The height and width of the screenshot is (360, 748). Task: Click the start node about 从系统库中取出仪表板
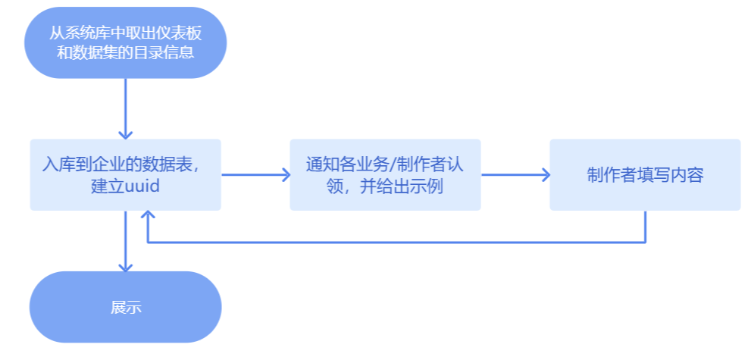point(125,43)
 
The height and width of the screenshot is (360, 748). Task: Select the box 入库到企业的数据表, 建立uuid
point(125,174)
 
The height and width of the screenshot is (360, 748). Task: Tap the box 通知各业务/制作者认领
point(385,174)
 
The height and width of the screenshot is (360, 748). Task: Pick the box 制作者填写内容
point(645,174)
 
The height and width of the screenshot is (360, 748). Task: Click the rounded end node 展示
point(125,307)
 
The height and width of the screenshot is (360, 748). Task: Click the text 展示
point(125,308)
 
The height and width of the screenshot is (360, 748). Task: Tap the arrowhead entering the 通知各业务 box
point(285,174)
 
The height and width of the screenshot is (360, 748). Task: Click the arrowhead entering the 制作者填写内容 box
point(545,174)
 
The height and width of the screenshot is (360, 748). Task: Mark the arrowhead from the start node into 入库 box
point(125,134)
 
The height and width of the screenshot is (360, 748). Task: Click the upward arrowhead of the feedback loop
point(149,217)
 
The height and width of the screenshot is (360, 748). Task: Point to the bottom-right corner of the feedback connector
point(645,243)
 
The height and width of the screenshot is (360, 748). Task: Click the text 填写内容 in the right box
point(674,175)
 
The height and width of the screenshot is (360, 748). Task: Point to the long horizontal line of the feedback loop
point(394,243)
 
